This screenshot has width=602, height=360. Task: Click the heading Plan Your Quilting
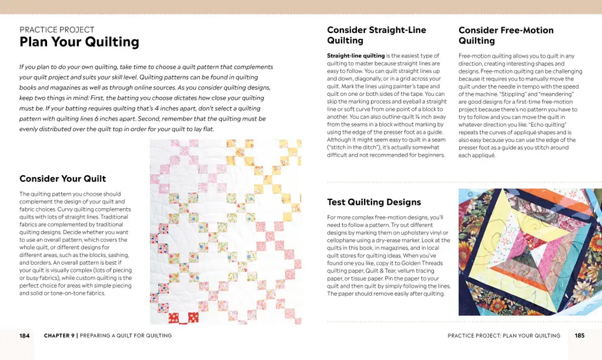pyautogui.click(x=79, y=42)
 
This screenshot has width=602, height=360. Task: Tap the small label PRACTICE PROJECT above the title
pyautogui.click(x=57, y=29)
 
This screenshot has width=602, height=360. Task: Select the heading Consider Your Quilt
pyautogui.click(x=63, y=179)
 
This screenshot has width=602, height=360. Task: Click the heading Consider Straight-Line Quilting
pyautogui.click(x=376, y=35)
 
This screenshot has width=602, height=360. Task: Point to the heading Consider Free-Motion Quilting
pyautogui.click(x=506, y=35)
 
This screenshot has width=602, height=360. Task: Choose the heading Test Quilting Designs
pyautogui.click(x=374, y=202)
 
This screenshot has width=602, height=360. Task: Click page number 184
pyautogui.click(x=24, y=336)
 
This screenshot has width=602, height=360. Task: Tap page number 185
pyautogui.click(x=580, y=336)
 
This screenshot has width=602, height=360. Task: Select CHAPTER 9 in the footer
pyautogui.click(x=59, y=336)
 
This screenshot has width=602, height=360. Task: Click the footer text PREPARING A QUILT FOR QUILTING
pyautogui.click(x=126, y=336)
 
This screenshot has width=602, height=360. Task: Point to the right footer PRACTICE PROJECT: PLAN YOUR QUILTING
pyautogui.click(x=504, y=336)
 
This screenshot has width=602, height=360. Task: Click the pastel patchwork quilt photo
pyautogui.click(x=226, y=231)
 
